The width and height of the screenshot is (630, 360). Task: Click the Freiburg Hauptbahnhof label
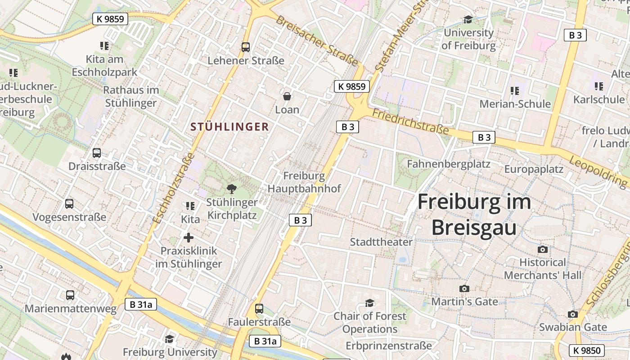304,182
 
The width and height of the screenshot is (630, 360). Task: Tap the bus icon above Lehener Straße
246,47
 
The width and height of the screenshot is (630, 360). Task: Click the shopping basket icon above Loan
287,96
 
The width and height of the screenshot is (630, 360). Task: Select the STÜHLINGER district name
229,127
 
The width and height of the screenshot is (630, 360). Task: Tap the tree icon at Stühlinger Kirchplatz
232,189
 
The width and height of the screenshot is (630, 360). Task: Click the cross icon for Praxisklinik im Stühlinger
189,238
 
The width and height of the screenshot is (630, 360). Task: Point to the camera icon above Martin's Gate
464,288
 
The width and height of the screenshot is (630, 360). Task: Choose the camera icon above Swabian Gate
573,314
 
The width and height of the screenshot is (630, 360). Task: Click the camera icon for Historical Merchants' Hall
543,249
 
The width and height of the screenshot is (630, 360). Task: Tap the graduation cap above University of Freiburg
468,19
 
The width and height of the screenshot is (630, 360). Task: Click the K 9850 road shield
587,350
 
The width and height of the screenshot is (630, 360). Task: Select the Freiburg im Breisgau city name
474,215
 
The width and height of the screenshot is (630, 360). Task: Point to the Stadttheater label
381,242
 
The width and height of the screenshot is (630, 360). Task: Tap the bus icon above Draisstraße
97,153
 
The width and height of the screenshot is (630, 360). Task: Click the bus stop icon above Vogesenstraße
69,204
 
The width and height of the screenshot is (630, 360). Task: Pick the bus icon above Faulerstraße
259,309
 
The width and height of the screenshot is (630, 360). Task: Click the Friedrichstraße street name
410,122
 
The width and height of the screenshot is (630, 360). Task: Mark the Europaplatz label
534,170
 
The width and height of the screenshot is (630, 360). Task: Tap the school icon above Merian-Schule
515,91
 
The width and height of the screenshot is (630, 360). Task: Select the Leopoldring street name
598,171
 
